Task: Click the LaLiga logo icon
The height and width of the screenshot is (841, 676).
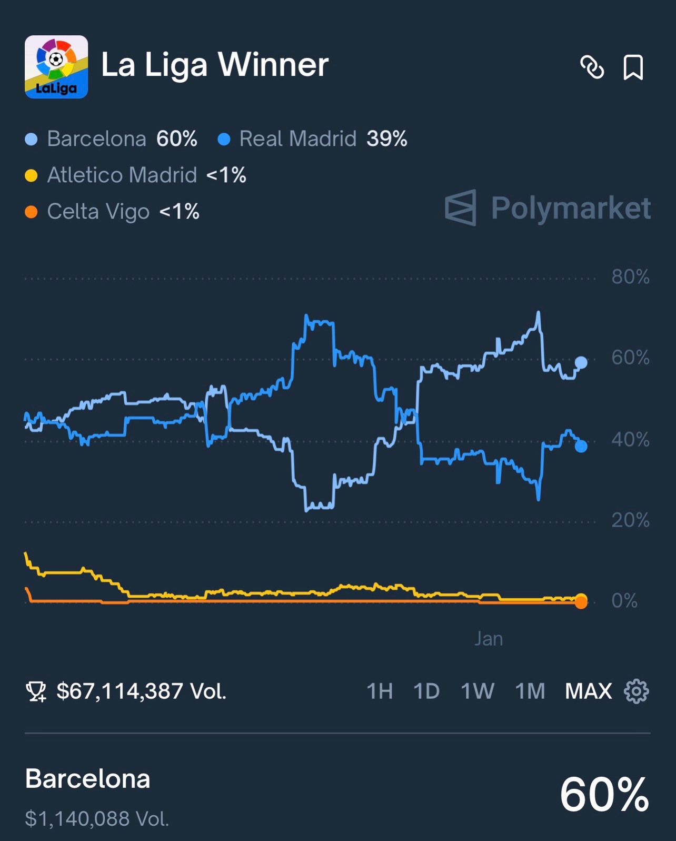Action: [x=56, y=67]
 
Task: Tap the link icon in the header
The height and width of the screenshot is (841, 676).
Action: [x=592, y=67]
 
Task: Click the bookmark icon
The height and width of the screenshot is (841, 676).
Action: [x=633, y=67]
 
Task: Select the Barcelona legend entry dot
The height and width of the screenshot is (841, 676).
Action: [x=32, y=140]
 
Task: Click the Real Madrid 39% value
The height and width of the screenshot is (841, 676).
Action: [x=386, y=139]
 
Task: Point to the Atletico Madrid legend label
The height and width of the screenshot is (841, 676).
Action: [x=122, y=175]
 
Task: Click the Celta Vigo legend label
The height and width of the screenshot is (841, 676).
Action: [x=98, y=212]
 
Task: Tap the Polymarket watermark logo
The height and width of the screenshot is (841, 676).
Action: [x=548, y=208]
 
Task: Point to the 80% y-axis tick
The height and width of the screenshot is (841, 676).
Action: [x=630, y=277]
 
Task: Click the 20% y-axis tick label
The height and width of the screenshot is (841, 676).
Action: [x=630, y=520]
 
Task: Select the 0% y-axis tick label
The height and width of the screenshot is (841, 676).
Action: [x=624, y=601]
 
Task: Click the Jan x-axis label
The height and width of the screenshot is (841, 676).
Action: [x=489, y=639]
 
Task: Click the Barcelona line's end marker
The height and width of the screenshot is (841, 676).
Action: [x=581, y=362]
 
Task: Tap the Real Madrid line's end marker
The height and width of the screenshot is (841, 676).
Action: [x=581, y=447]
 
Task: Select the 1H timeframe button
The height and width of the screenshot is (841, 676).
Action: [x=380, y=691]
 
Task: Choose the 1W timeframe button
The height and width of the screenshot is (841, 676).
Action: [x=477, y=691]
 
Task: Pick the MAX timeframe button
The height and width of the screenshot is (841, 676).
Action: [x=588, y=691]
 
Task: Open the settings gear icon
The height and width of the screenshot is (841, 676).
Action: [x=636, y=691]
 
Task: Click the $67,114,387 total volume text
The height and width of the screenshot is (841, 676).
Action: [x=141, y=691]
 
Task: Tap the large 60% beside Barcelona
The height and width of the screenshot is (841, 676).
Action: [x=604, y=795]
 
